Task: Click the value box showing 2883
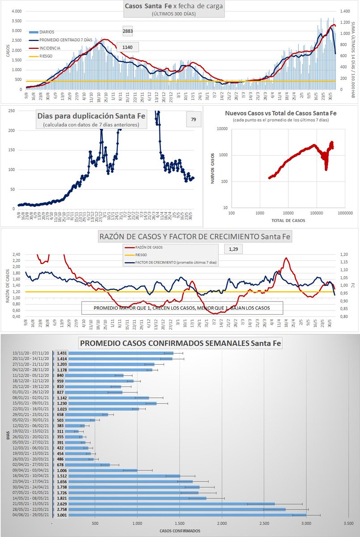pos(127,31)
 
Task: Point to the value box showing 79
pos(193,119)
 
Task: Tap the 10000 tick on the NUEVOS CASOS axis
pos(220,129)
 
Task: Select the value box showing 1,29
pos(233,248)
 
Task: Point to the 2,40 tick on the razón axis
pos(16,255)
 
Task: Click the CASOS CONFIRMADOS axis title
pos(177,531)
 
